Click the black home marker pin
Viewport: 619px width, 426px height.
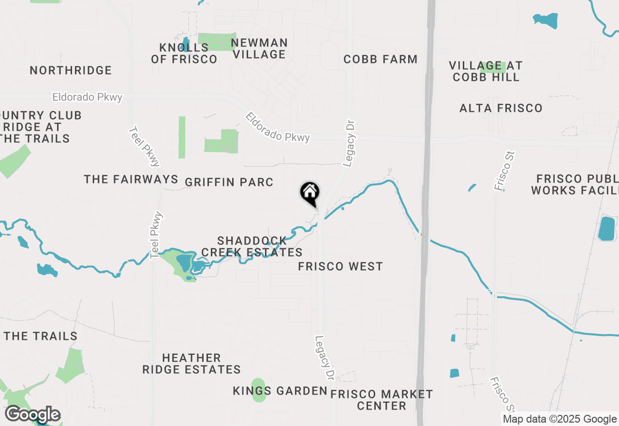pos(310,193)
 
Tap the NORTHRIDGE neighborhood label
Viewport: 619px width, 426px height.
pos(71,71)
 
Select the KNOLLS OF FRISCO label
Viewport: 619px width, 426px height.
pos(184,53)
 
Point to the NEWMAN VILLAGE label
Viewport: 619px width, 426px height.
pos(259,49)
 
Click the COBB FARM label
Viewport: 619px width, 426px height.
pos(381,60)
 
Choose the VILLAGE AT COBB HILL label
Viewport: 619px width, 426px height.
pos(486,71)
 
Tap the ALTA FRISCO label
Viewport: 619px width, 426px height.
pos(501,108)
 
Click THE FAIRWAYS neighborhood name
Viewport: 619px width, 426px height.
pos(131,180)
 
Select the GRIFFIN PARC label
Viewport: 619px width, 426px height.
pos(229,183)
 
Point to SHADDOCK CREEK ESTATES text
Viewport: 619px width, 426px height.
pos(252,247)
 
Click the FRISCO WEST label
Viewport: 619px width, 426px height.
pos(340,267)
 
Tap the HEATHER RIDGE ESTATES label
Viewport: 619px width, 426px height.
pos(192,364)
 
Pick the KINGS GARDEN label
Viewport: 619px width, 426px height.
pos(280,391)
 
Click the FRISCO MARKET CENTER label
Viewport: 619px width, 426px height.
pos(382,400)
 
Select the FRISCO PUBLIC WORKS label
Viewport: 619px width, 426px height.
pos(575,184)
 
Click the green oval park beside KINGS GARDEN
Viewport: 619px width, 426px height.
pos(259,390)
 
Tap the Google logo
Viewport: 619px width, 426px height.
pos(32,415)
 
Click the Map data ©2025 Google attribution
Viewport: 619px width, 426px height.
pos(560,419)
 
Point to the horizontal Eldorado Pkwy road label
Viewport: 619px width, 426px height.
pos(87,97)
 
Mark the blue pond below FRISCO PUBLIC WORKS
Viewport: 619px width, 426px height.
pos(606,229)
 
